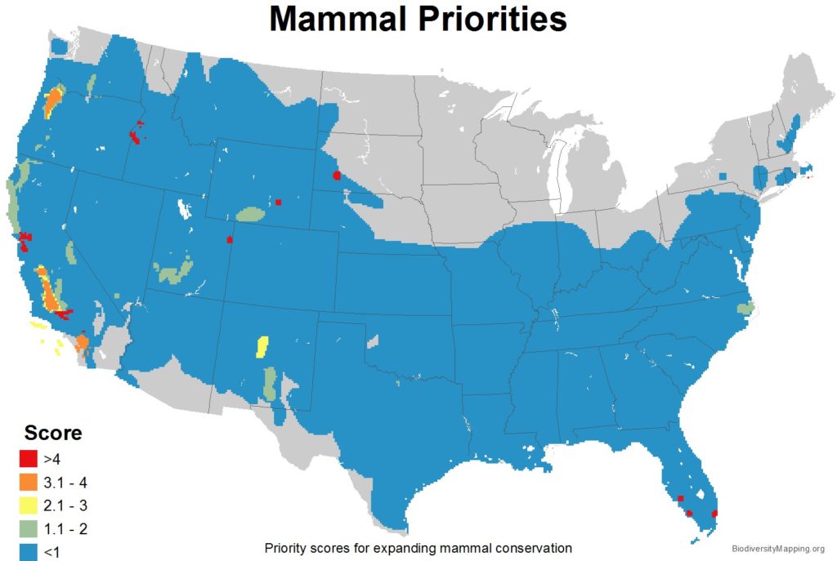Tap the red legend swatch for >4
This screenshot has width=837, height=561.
pyautogui.click(x=29, y=458)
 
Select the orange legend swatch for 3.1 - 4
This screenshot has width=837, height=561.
pyautogui.click(x=29, y=482)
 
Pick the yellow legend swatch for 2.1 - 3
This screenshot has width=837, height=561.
pyautogui.click(x=29, y=505)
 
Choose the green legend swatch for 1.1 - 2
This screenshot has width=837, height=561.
pyautogui.click(x=29, y=529)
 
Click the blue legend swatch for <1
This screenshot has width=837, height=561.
pyautogui.click(x=29, y=551)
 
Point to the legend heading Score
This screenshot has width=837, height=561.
pyautogui.click(x=53, y=434)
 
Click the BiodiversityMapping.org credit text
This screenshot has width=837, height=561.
pyautogui.click(x=777, y=549)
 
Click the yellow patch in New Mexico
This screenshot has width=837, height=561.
pyautogui.click(x=262, y=347)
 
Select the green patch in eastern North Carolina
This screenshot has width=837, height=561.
pyautogui.click(x=745, y=309)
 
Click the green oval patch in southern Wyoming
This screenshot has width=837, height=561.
pyautogui.click(x=250, y=215)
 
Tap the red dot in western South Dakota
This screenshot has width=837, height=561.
pyautogui.click(x=337, y=175)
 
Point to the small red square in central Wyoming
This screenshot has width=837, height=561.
pyautogui.click(x=279, y=202)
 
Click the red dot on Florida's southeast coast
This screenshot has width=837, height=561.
pyautogui.click(x=715, y=514)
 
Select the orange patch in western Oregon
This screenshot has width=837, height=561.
pyautogui.click(x=52, y=101)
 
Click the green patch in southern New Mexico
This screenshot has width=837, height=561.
pyautogui.click(x=269, y=383)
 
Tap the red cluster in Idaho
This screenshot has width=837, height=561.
pyautogui.click(x=135, y=136)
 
